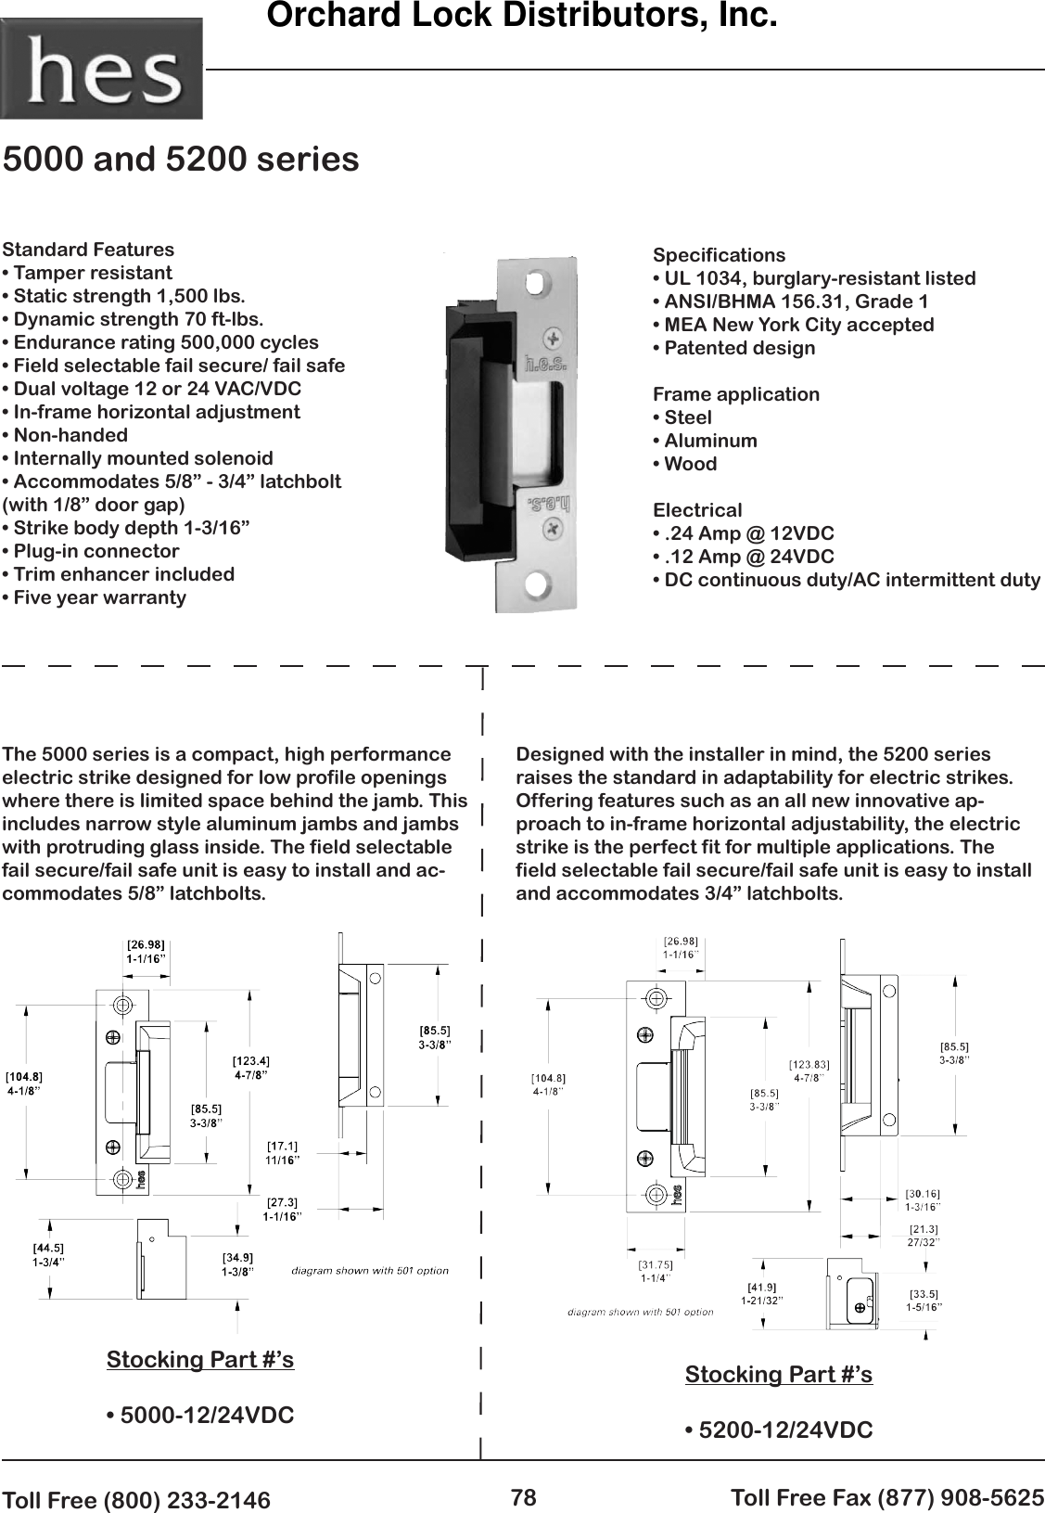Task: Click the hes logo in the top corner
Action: tap(101, 69)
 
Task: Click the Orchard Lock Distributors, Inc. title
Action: tap(521, 17)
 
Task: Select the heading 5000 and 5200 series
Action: tap(182, 160)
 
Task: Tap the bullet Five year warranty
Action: tap(96, 597)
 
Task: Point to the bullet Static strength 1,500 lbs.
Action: tap(125, 296)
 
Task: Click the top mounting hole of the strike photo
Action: tap(536, 280)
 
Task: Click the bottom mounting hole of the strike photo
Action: tap(536, 584)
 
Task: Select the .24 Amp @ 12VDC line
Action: tap(744, 533)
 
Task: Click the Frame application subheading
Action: tap(736, 394)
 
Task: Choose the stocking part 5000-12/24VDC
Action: tap(201, 1416)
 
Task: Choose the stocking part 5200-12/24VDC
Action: tap(779, 1430)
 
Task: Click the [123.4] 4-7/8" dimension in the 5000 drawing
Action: tap(250, 1068)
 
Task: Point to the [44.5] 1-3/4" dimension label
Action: tap(48, 1255)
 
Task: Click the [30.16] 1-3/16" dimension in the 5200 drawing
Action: tap(923, 1200)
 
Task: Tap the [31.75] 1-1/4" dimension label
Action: tap(656, 1271)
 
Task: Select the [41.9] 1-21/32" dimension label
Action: tap(761, 1293)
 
